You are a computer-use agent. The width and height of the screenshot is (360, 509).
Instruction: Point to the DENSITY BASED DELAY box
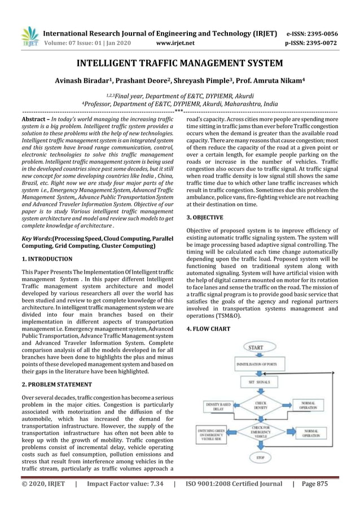point(218,407)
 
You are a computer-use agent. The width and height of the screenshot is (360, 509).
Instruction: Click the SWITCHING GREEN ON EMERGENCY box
point(212,435)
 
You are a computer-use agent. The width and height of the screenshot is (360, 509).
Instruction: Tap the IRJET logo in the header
point(30,36)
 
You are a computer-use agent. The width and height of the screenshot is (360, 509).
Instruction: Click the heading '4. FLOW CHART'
point(208,328)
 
